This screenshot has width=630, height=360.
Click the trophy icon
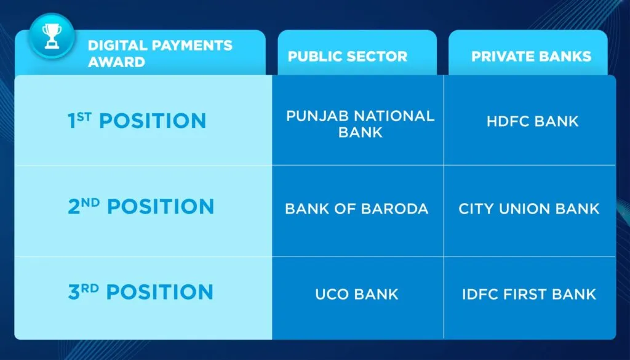[x=52, y=36]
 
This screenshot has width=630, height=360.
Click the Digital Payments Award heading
[x=160, y=54]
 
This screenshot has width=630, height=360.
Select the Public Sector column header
[x=348, y=56]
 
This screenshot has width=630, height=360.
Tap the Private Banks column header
[x=531, y=56]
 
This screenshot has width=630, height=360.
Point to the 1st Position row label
[x=137, y=121]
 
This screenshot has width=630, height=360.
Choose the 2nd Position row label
[x=141, y=206]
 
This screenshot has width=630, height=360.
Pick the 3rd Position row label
[x=140, y=292]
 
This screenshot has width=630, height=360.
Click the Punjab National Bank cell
[x=361, y=124]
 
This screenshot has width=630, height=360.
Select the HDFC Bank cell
[x=532, y=121]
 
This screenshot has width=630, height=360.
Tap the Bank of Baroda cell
[x=357, y=209]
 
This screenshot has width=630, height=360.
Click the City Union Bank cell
[x=529, y=209]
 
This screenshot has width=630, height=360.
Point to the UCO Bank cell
[x=357, y=294]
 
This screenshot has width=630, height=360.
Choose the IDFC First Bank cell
[x=529, y=294]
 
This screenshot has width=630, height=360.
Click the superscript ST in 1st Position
[x=84, y=116]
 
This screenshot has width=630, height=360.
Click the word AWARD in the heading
[x=116, y=62]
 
